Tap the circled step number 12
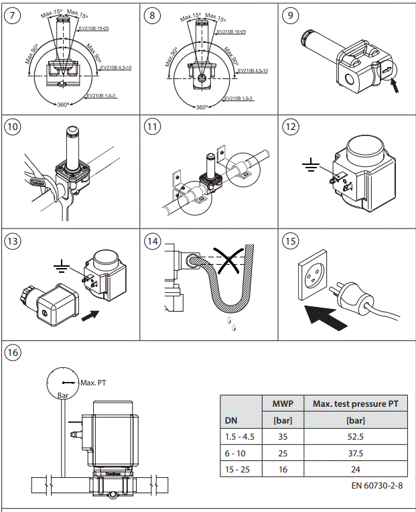(290, 128)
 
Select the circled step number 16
(13, 351)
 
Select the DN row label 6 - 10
(236, 452)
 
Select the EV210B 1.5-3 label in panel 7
(102, 97)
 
